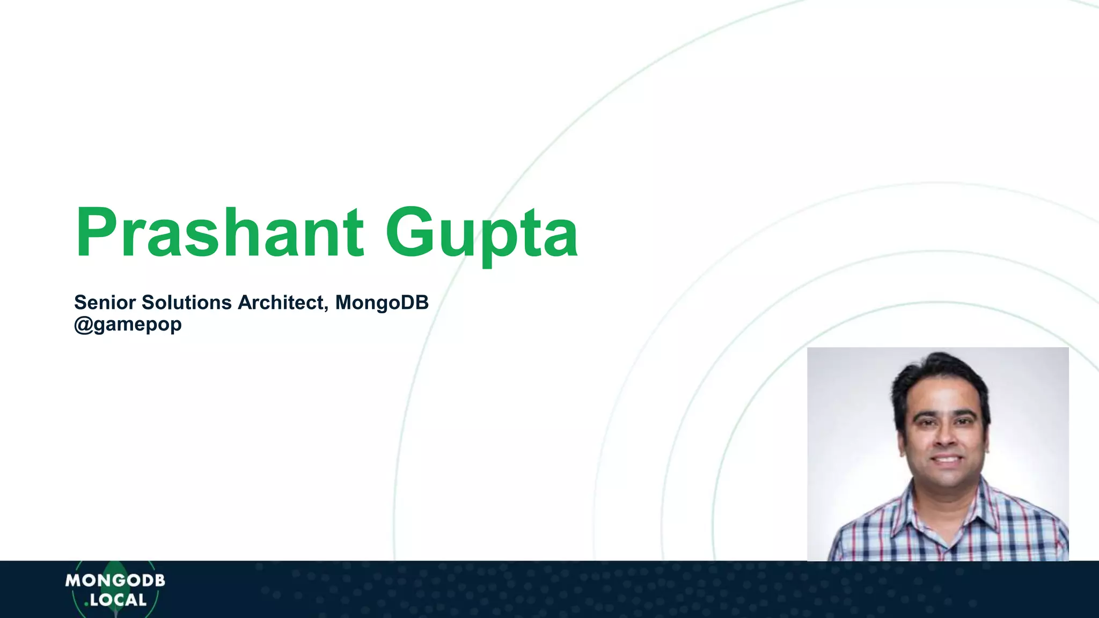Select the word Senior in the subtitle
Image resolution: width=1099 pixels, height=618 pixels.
point(105,303)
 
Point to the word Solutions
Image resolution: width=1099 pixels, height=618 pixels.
point(186,303)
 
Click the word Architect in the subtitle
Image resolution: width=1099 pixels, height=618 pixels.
point(280,303)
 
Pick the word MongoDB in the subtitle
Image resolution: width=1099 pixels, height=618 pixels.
point(382,303)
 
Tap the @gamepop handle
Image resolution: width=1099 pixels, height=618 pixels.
point(128,325)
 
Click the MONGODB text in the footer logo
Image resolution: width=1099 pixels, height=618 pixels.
point(115,580)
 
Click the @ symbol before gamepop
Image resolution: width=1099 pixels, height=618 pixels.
point(83,325)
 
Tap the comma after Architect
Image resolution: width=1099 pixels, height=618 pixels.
point(326,308)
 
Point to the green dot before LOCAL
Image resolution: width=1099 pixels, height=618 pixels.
point(86,605)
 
